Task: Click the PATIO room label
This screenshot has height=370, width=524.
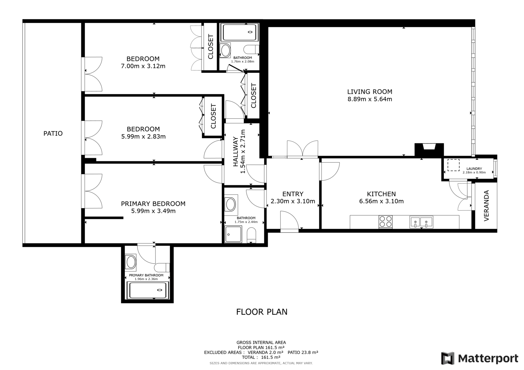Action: (x=53, y=133)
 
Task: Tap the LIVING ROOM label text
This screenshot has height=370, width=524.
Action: (x=370, y=92)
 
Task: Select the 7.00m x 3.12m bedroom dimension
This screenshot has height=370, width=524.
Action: (x=143, y=66)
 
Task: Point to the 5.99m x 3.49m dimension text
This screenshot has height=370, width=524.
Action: (x=153, y=211)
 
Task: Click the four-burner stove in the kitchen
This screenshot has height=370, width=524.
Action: (x=385, y=221)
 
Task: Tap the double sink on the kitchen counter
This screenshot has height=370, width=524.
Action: (x=421, y=222)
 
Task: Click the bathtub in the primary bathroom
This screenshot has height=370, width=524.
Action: (x=147, y=291)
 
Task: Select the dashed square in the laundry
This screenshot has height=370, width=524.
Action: (x=453, y=165)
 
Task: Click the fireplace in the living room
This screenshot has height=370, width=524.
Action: (x=429, y=150)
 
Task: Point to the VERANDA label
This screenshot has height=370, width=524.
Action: (x=486, y=206)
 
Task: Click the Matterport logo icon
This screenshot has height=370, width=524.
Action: (x=448, y=358)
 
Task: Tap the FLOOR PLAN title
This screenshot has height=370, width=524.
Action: (x=262, y=312)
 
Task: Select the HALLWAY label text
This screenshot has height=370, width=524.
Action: (x=235, y=152)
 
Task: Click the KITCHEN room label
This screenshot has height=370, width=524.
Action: (x=381, y=194)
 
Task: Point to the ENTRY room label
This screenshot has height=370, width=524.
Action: (x=293, y=194)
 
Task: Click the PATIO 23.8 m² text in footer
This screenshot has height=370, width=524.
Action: (x=303, y=352)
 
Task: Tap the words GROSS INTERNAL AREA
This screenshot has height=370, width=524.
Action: (x=261, y=343)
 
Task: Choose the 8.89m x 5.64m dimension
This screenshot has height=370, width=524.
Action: (x=370, y=99)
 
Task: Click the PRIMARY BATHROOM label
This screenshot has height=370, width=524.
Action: (x=146, y=275)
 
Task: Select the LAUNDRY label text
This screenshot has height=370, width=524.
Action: (x=474, y=168)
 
